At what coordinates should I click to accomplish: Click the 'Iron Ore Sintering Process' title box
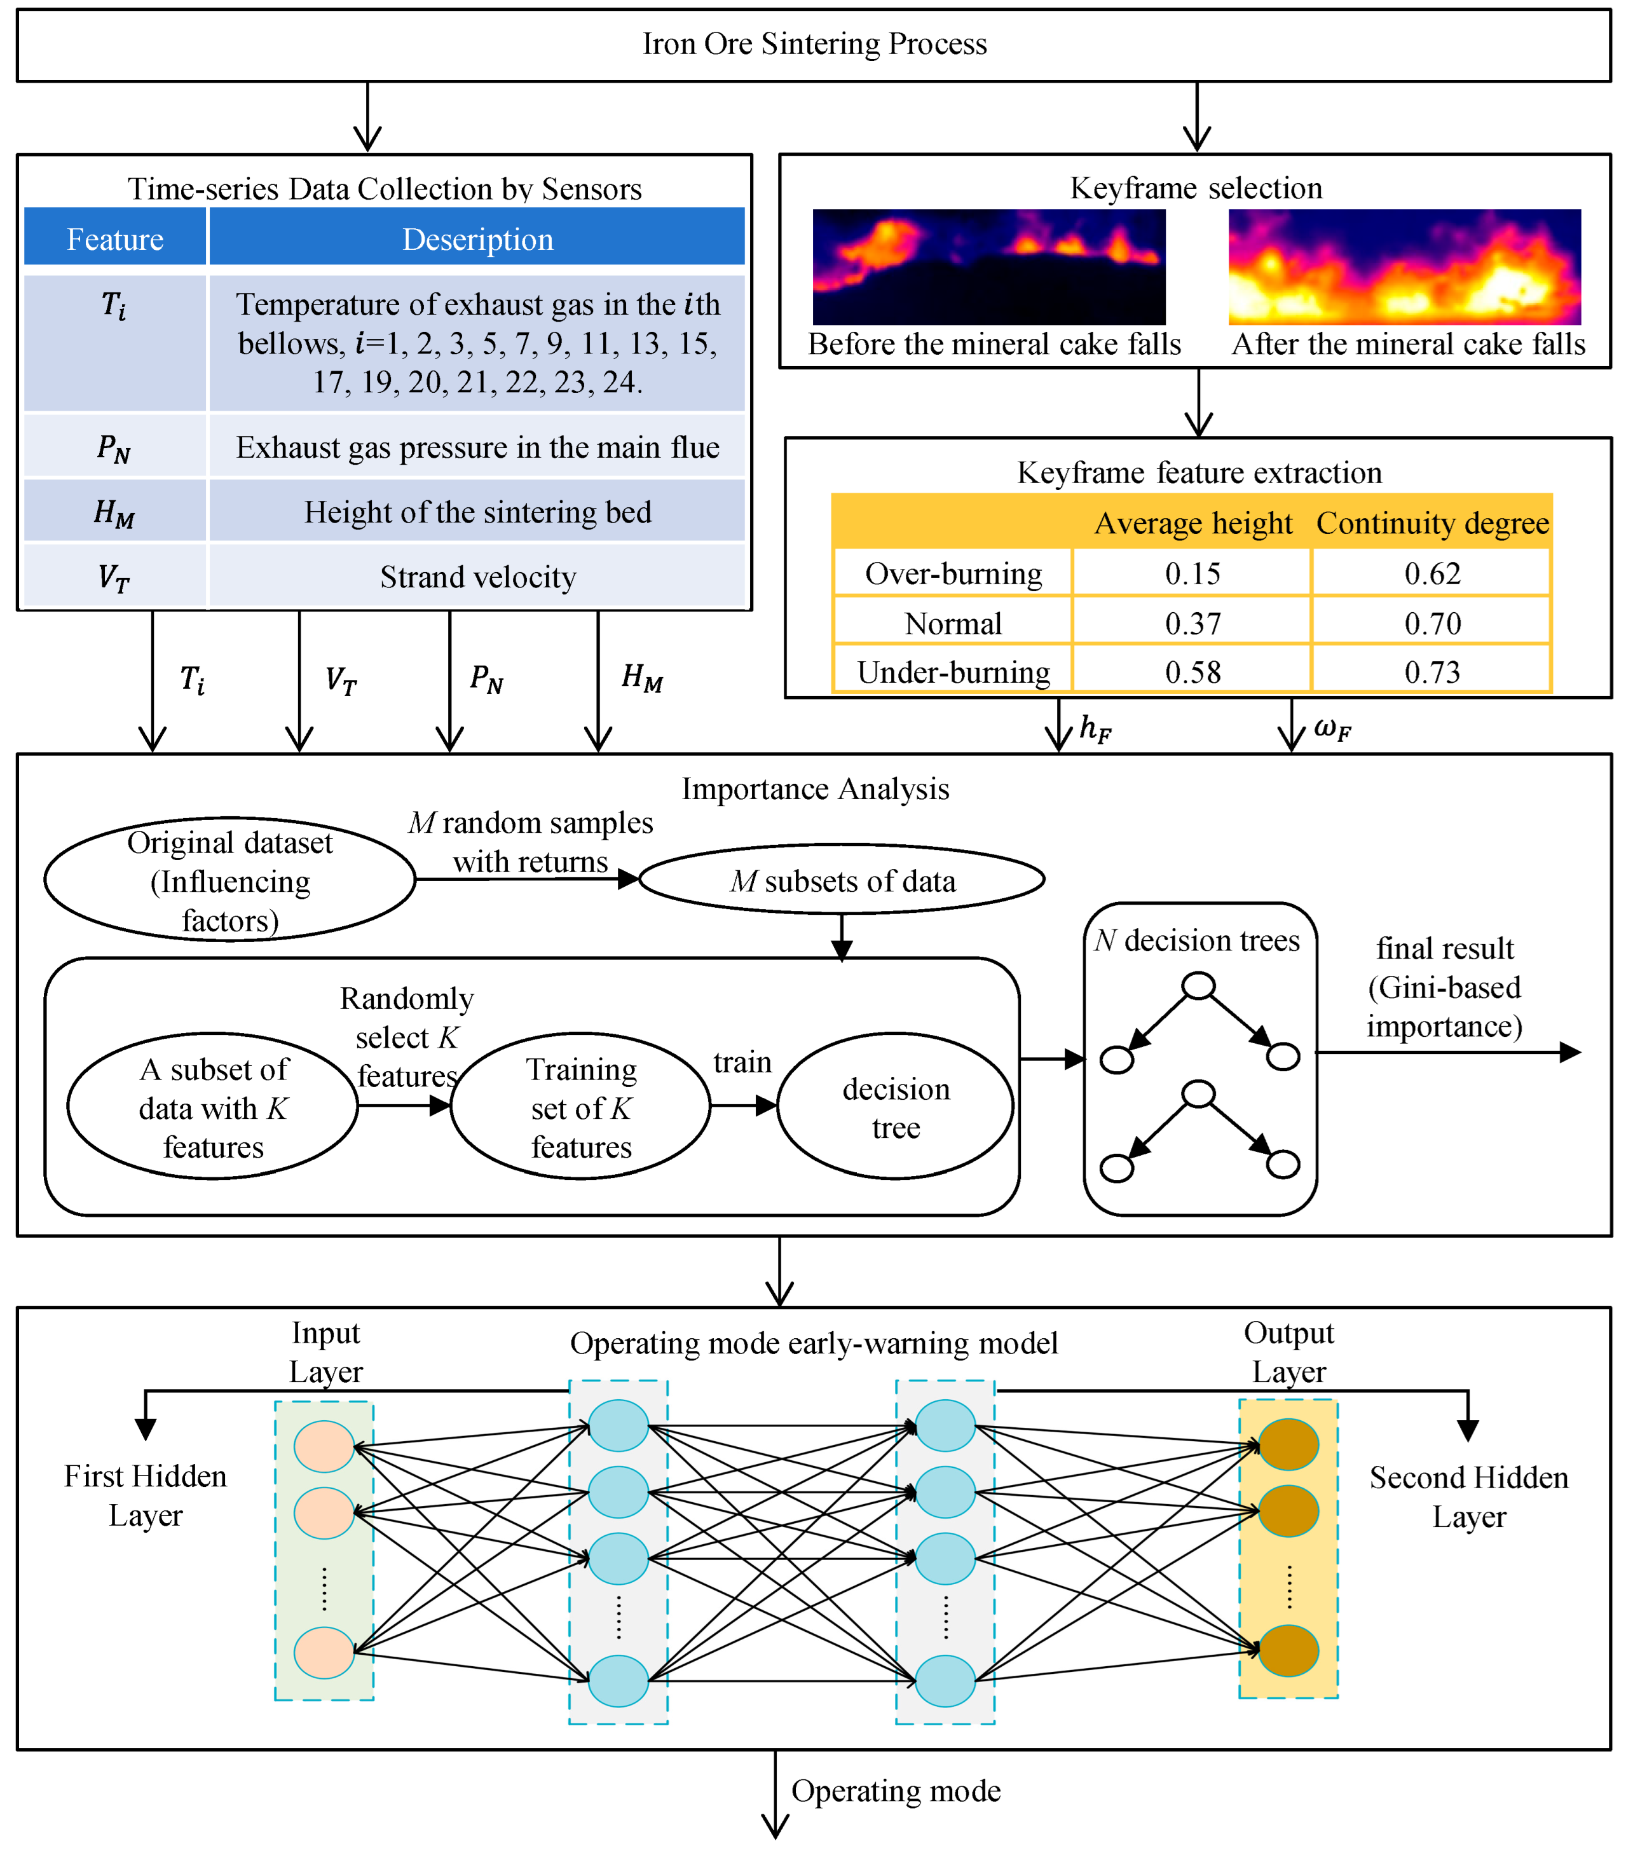tap(814, 44)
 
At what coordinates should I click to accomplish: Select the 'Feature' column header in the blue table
tap(115, 238)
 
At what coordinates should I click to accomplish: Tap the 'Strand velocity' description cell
tap(477, 577)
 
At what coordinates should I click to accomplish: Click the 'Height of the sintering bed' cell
tap(477, 512)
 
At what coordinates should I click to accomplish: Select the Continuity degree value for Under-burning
tap(1432, 673)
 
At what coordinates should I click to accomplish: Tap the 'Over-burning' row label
tap(953, 573)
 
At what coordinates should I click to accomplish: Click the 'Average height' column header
tap(1192, 524)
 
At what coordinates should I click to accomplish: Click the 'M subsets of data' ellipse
tap(842, 880)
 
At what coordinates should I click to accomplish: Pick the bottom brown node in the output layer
tap(1288, 1651)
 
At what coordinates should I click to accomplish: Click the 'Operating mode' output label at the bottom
tap(896, 1791)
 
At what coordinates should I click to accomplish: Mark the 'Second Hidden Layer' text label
tap(1468, 1496)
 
